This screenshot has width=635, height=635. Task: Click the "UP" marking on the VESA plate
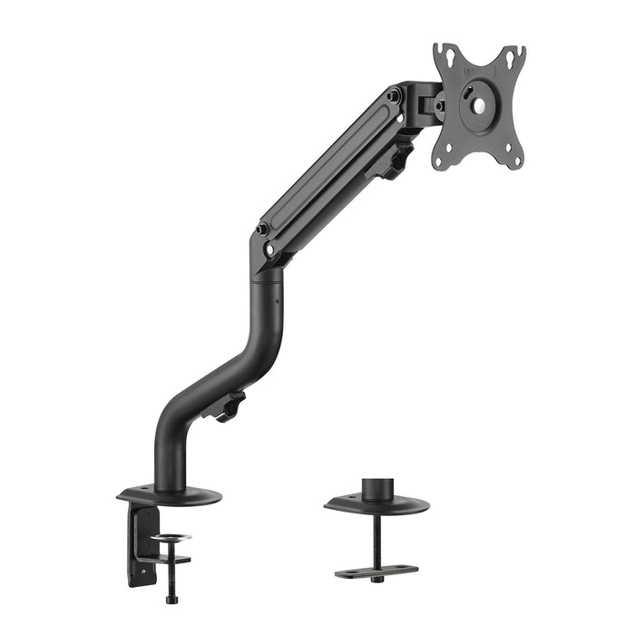[x=470, y=66]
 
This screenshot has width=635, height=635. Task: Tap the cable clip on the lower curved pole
[x=227, y=406]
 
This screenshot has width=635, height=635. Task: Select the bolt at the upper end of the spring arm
[x=393, y=94]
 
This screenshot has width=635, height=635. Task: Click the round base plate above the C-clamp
[x=170, y=495]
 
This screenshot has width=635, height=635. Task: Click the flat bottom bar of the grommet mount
[x=376, y=571]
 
